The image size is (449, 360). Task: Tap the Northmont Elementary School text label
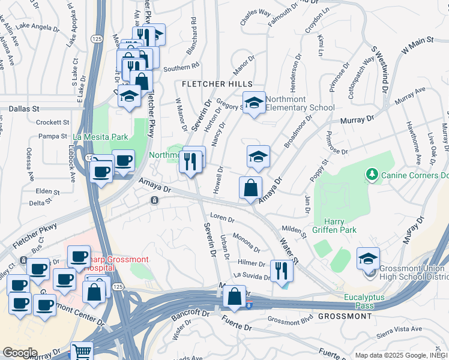tap(300, 104)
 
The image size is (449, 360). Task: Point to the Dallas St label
tap(24, 109)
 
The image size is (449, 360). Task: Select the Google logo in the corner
tap(19, 353)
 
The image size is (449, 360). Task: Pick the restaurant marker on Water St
tap(281, 271)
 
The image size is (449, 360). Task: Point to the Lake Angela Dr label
tap(37, 26)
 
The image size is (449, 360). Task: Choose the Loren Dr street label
tap(221, 217)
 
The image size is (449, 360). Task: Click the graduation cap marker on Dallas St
tap(129, 97)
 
